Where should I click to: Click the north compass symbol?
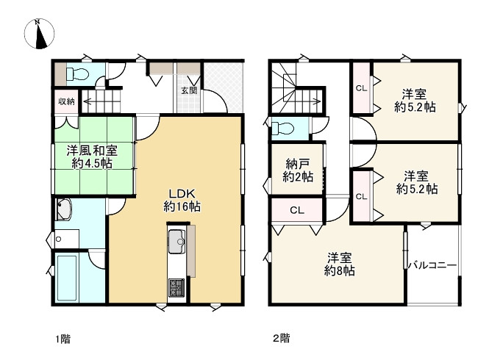point(39,34)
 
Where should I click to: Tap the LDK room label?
point(182,193)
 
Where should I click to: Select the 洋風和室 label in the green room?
point(92,151)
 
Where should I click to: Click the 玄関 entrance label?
point(189,90)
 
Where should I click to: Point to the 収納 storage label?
point(66,101)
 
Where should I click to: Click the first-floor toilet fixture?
point(77,74)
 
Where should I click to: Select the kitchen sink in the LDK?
point(176,242)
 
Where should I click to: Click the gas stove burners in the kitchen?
point(176,288)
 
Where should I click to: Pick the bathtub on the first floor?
point(67,278)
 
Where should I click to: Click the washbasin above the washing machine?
point(64,209)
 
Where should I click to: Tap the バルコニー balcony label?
point(432,265)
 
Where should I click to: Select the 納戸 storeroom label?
point(298,164)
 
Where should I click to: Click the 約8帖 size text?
point(339,271)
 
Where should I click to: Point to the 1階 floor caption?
point(63,339)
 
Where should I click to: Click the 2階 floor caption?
point(282,338)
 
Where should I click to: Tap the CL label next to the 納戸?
point(296,210)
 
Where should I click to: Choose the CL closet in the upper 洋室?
point(362,88)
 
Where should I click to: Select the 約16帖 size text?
point(182,206)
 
